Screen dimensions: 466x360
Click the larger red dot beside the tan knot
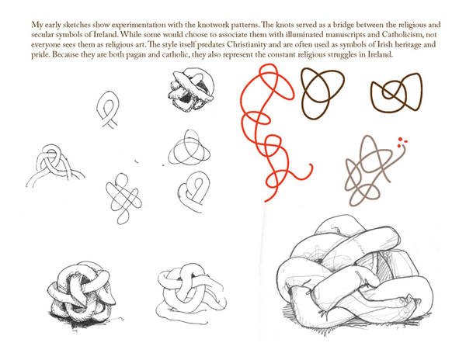(x=400, y=139)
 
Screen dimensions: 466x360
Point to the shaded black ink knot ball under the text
(x=191, y=89)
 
